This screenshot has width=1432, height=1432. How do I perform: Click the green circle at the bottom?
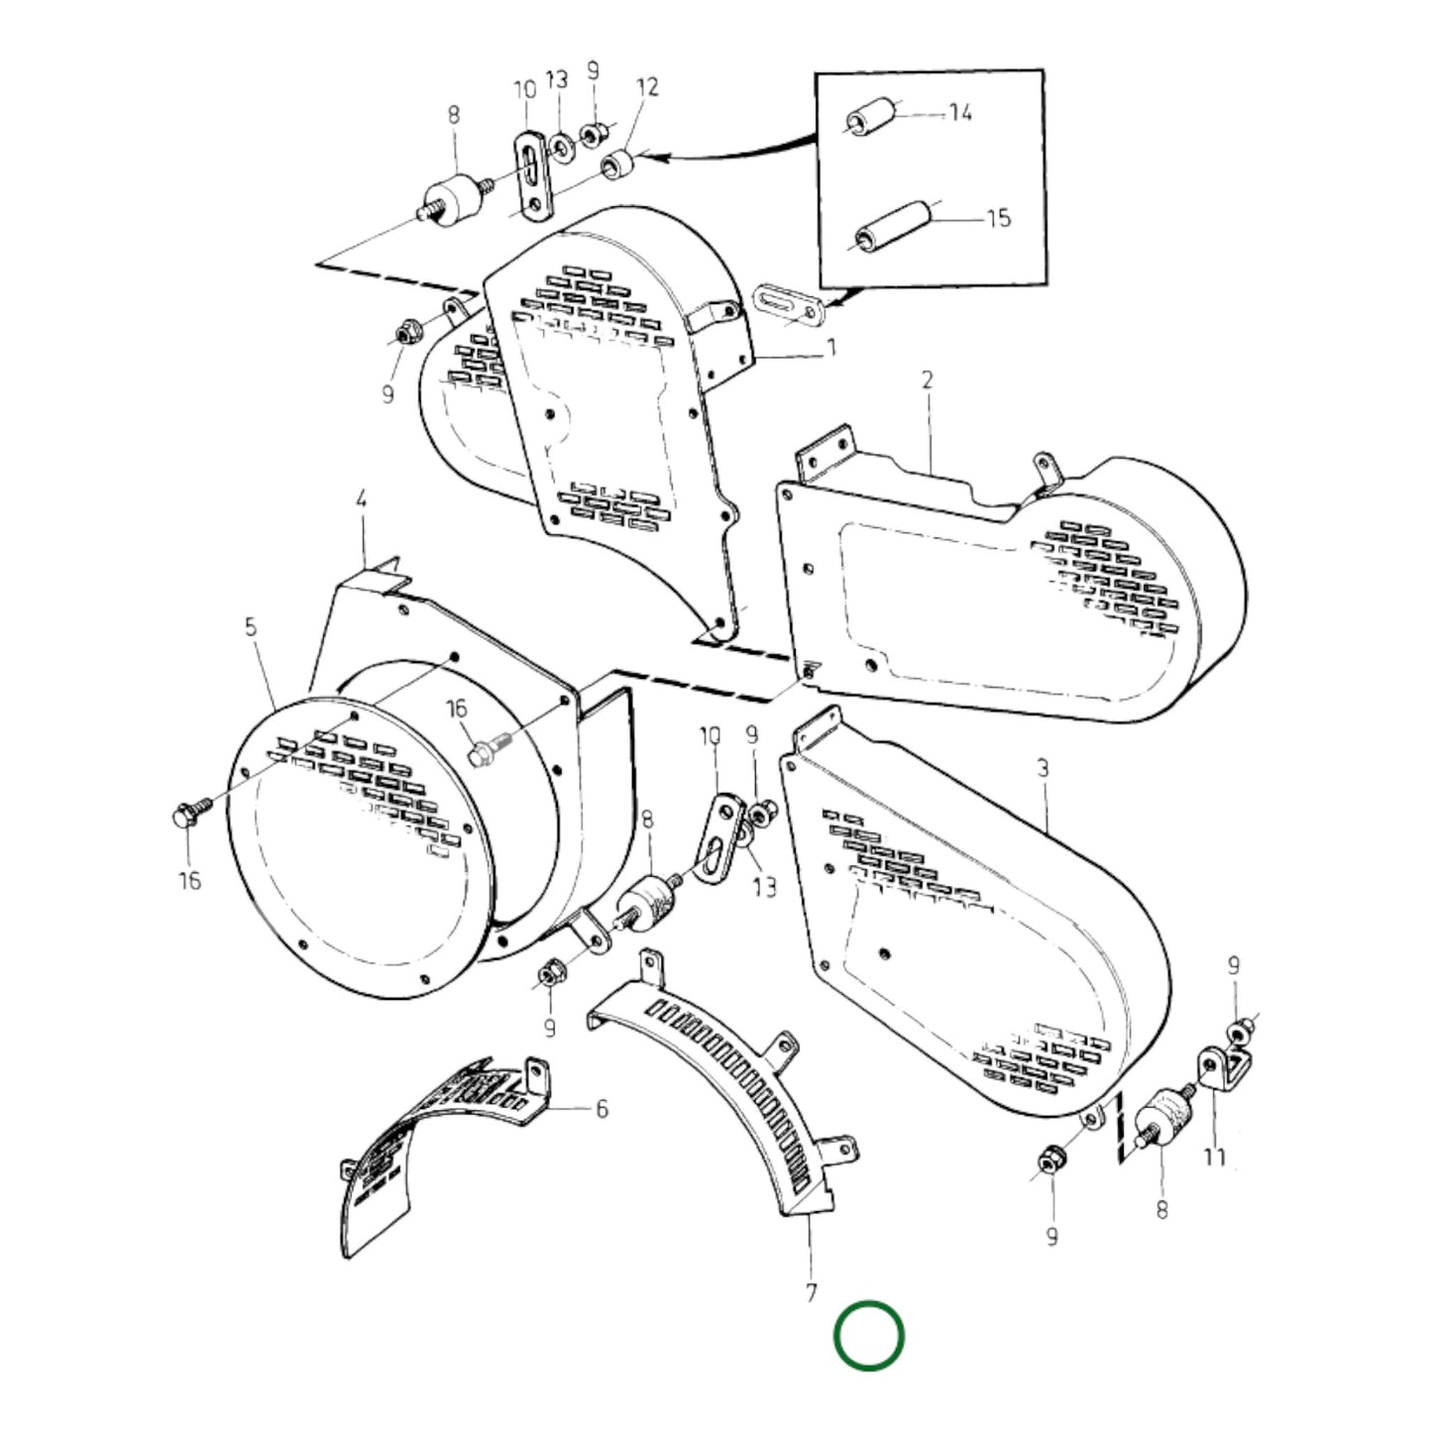[x=868, y=1336]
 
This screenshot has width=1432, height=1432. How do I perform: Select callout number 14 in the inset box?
[x=959, y=113]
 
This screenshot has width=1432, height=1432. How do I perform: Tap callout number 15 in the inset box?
[x=998, y=217]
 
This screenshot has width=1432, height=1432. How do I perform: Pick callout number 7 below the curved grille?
[x=812, y=1292]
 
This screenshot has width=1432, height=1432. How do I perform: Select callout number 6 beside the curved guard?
[x=602, y=1109]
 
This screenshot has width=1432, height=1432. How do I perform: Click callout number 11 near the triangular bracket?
[x=1214, y=1157]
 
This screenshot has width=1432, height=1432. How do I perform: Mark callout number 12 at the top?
[x=647, y=87]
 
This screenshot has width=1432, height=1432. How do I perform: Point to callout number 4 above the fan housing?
[x=361, y=499]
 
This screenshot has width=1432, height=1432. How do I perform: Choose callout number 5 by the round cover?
[x=250, y=626]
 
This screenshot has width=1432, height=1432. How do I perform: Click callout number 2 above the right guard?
[x=928, y=380]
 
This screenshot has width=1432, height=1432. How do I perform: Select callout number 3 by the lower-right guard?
[x=1042, y=768]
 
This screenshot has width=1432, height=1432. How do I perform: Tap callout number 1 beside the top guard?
[x=831, y=347]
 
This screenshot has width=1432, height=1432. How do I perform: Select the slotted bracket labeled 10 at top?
[x=531, y=170]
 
